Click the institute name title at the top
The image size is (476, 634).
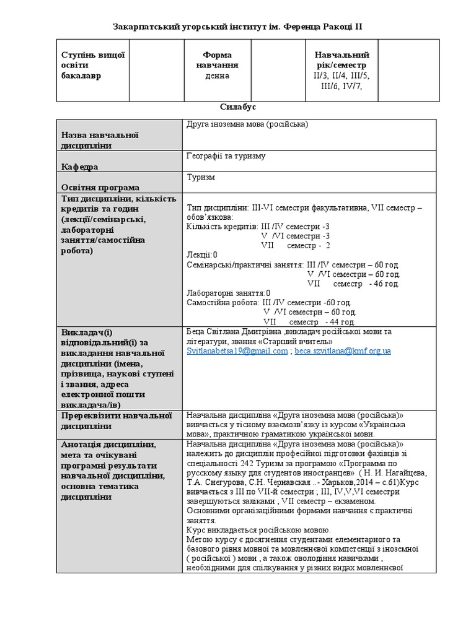point(237,27)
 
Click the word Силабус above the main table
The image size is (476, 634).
point(238,107)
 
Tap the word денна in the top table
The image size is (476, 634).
point(213,76)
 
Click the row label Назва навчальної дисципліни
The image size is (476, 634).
point(99,140)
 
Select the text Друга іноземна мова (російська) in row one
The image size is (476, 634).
point(247,124)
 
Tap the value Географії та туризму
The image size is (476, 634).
point(226,156)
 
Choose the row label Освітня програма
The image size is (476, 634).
point(100,187)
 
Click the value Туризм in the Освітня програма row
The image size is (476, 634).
point(200,176)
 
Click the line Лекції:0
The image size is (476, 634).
point(202,255)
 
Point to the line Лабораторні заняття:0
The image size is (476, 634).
point(229,293)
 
